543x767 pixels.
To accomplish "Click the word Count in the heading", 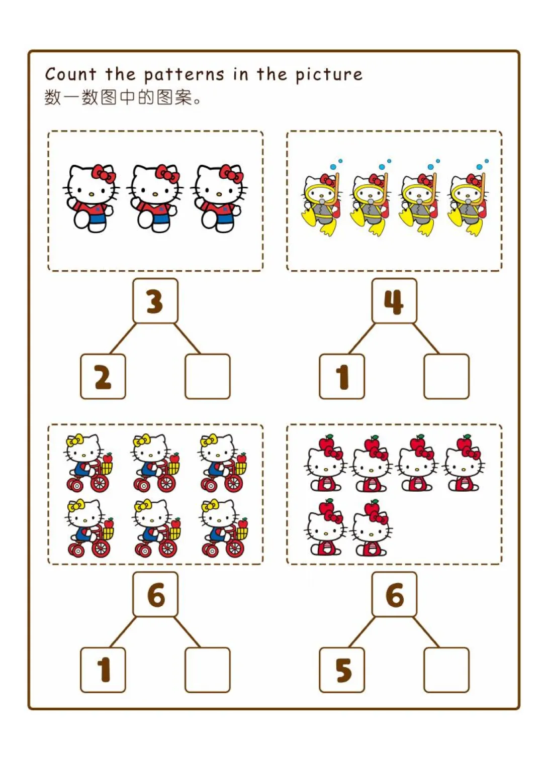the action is click(x=70, y=74).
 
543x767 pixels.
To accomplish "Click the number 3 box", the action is click(x=155, y=301).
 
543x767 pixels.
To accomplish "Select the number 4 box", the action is click(x=394, y=301).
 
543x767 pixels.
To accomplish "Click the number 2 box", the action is click(x=103, y=377).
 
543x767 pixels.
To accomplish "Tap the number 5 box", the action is click(x=342, y=670).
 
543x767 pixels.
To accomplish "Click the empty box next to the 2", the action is click(x=208, y=377).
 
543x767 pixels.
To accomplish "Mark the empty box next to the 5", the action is click(x=446, y=670).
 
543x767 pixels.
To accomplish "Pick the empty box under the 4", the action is click(x=446, y=377).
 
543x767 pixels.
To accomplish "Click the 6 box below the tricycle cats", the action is click(x=155, y=595).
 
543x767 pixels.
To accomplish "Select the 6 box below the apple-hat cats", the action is click(x=394, y=595).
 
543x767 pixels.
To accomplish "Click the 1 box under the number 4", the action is click(x=342, y=377).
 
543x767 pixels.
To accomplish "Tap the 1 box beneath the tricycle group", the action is click(x=103, y=670).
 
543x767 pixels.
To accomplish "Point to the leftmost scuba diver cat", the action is click(x=321, y=203).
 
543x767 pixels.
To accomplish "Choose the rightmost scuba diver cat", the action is click(x=468, y=203).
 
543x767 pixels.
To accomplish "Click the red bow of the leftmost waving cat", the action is click(x=104, y=173).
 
